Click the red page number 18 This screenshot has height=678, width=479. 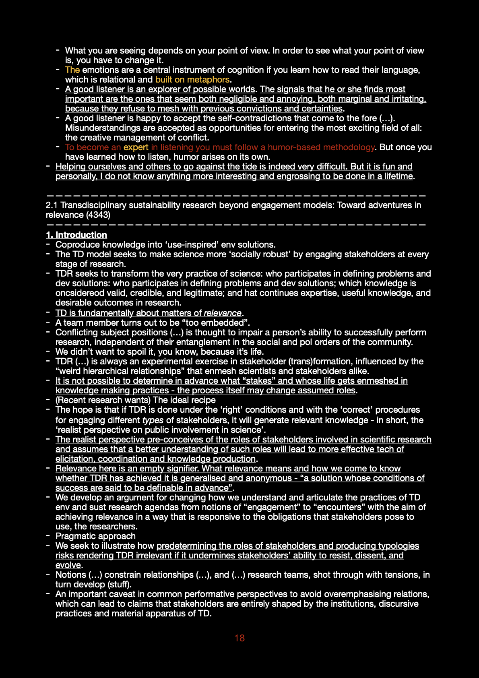239,638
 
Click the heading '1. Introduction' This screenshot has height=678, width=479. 76,235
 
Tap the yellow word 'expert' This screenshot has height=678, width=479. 136,147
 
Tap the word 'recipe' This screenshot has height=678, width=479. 202,400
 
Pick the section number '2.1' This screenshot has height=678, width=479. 52,205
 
